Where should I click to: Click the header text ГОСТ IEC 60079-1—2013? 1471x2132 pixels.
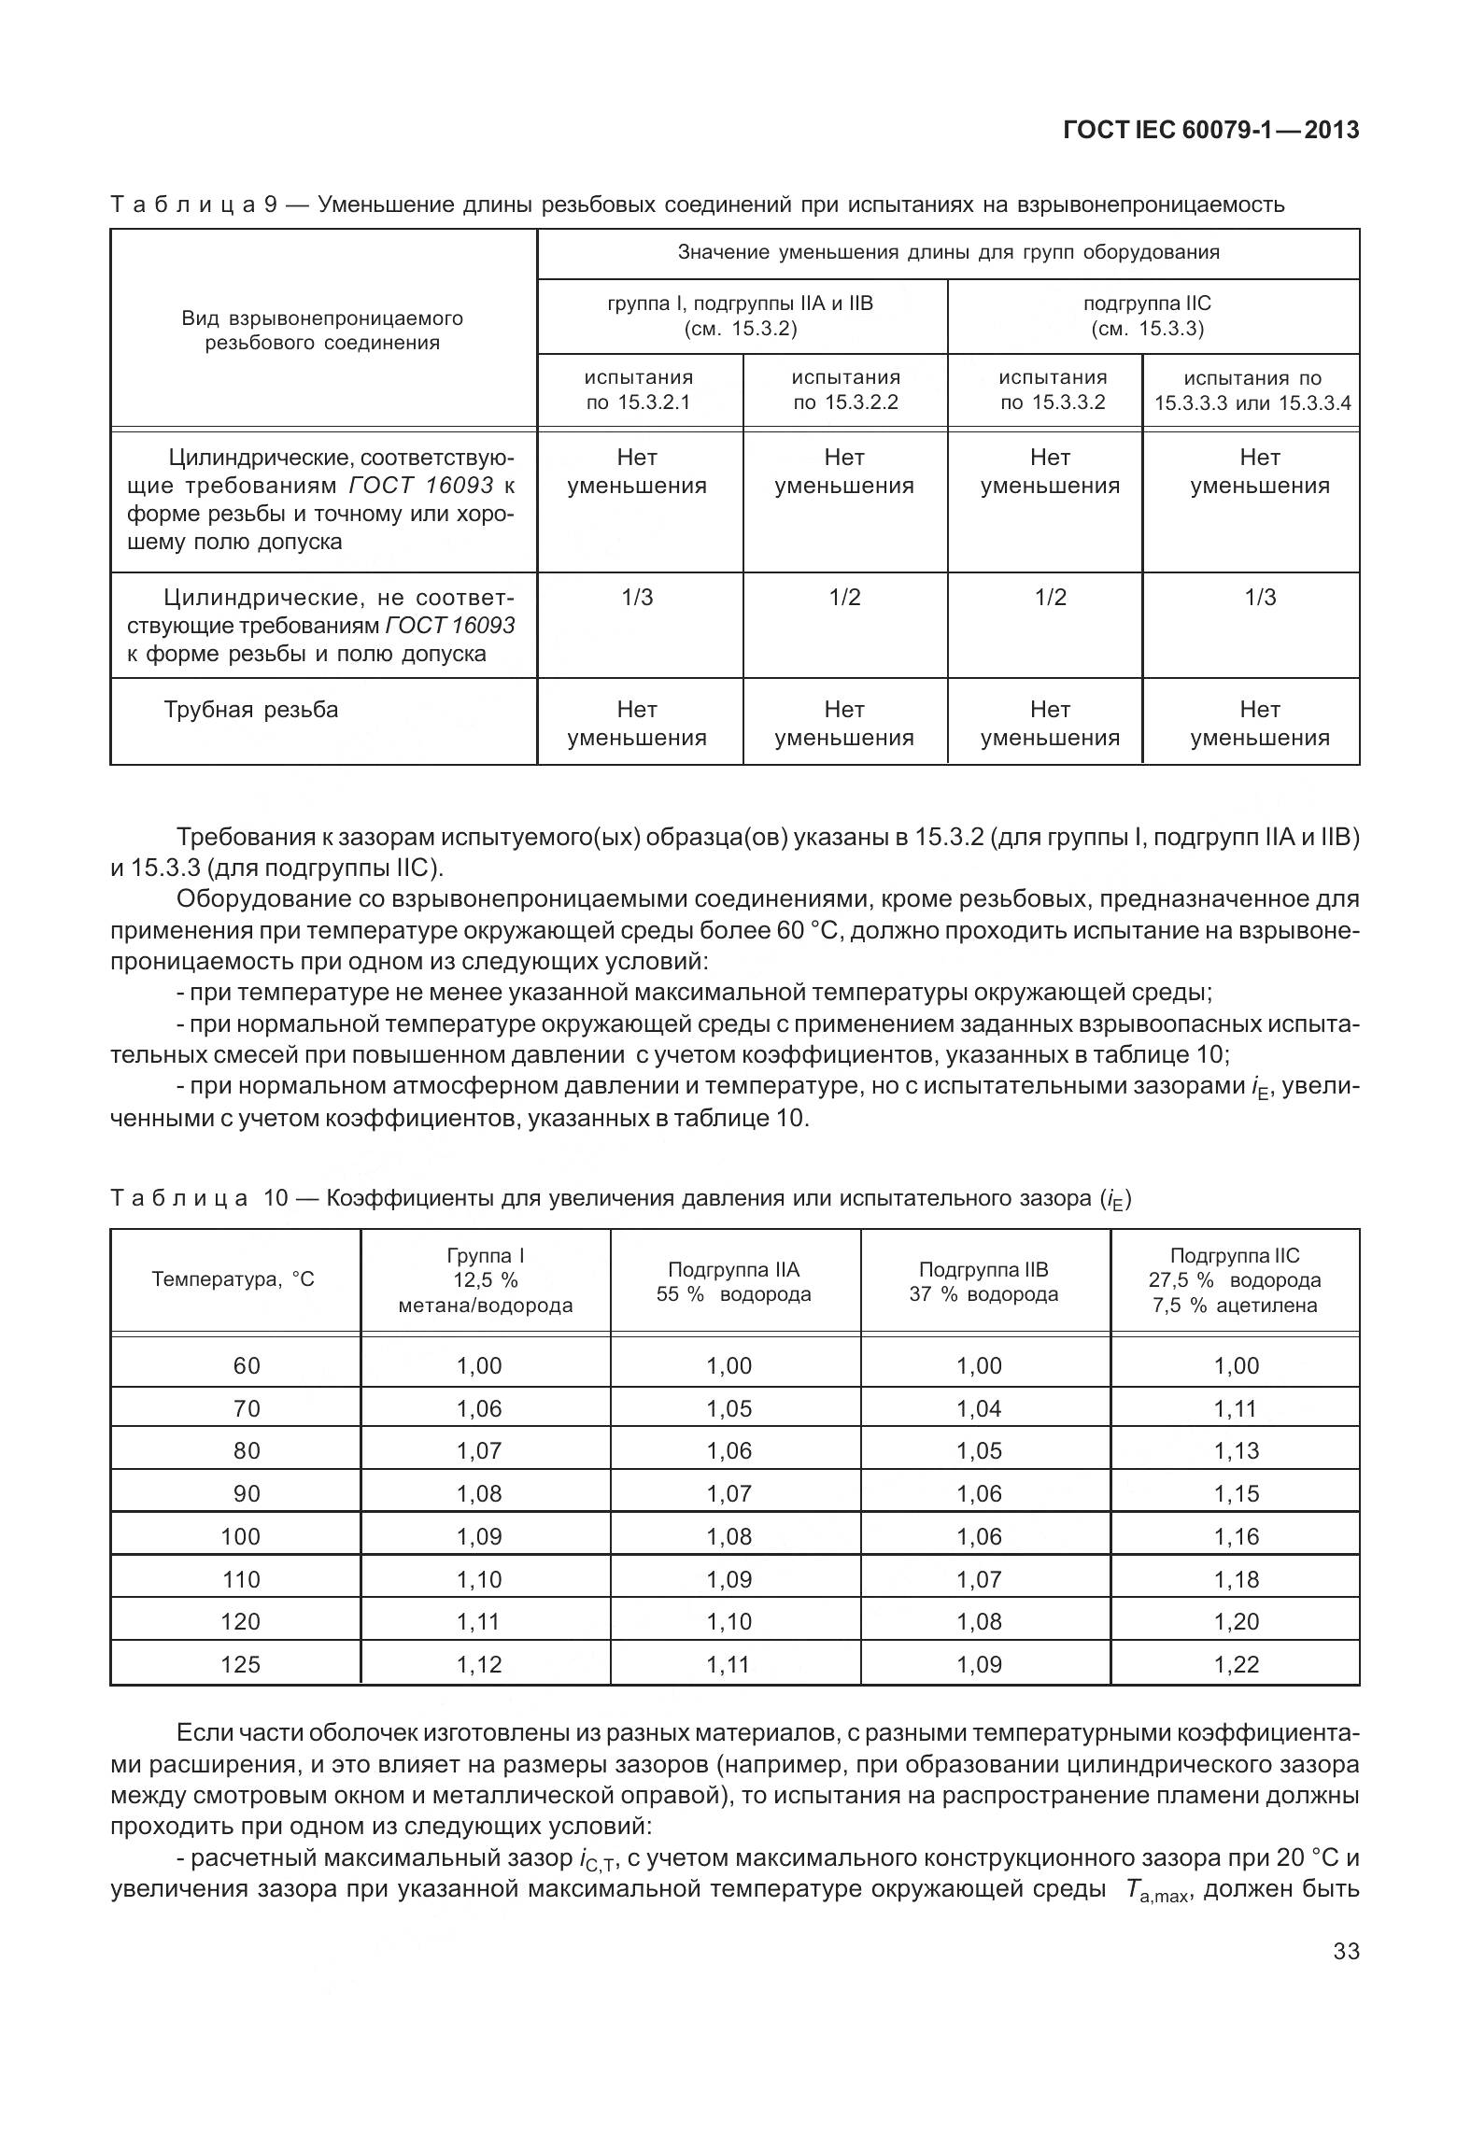[1210, 131]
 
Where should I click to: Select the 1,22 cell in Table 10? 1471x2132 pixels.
[1236, 1664]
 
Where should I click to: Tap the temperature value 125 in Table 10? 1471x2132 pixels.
[240, 1664]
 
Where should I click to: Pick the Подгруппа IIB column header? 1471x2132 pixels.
[983, 1282]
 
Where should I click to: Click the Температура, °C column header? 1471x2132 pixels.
[233, 1279]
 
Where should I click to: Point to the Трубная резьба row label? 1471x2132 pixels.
[251, 710]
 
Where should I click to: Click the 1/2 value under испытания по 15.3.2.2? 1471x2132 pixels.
[844, 598]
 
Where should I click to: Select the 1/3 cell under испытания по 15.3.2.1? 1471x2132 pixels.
[637, 598]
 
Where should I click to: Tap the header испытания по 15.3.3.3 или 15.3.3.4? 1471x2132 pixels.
[1252, 390]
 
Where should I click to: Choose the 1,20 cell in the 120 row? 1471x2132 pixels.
[1236, 1621]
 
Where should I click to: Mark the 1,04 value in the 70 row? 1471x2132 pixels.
[979, 1408]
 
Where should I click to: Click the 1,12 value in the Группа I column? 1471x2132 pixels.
[479, 1664]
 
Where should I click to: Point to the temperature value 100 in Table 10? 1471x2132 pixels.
[240, 1536]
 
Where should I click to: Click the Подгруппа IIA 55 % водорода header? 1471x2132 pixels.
[734, 1282]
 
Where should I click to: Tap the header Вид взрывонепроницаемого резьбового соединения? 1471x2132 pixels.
[322, 331]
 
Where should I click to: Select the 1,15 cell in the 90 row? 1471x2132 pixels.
[1236, 1493]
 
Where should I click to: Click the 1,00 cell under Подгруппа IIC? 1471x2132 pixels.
[1236, 1365]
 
